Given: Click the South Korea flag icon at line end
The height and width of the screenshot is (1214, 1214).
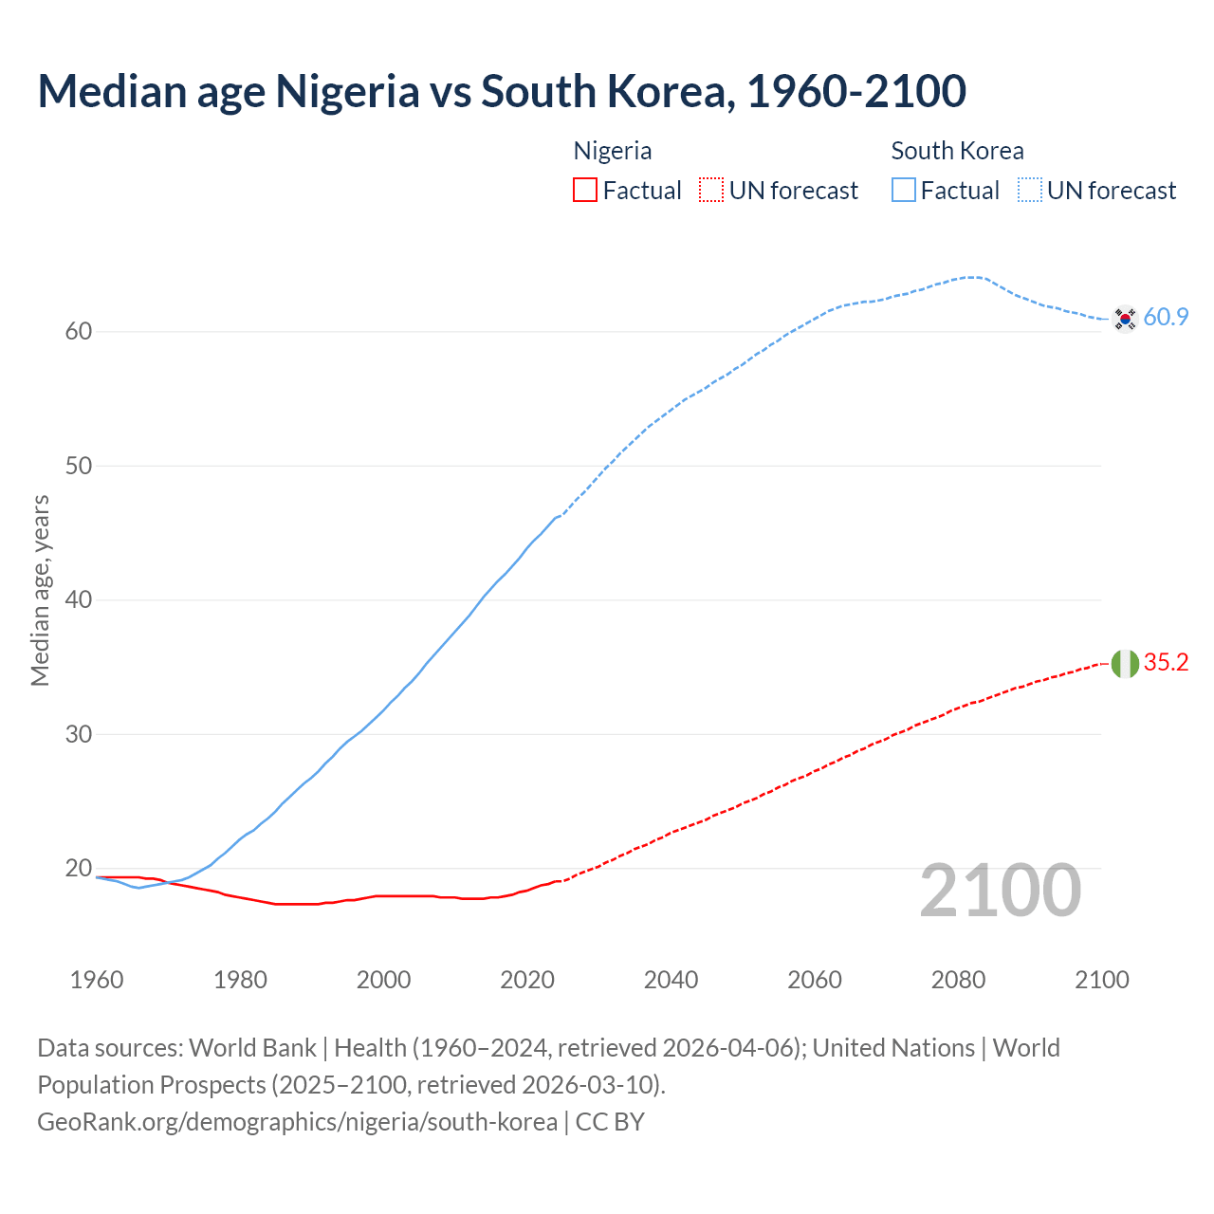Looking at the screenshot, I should (1125, 319).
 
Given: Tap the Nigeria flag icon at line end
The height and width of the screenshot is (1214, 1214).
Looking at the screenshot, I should (1125, 664).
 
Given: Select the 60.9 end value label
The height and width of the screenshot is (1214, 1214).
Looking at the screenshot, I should (1166, 318).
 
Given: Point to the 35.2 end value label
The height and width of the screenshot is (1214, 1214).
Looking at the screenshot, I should (1166, 663).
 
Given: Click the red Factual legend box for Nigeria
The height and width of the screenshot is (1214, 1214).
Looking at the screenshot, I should (585, 191).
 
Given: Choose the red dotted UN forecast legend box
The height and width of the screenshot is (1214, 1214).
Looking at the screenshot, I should (711, 191).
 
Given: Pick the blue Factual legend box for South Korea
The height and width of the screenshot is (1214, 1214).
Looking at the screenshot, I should (904, 191).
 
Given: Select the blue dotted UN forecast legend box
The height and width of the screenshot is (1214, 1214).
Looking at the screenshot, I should (1030, 191).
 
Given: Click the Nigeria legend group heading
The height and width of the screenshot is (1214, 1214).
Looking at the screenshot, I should (613, 151).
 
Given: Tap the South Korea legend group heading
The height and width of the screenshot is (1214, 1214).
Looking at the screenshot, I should (957, 151).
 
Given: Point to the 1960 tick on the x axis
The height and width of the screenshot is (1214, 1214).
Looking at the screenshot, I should (97, 980).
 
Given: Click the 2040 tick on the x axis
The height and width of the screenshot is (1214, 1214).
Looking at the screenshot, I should (671, 980).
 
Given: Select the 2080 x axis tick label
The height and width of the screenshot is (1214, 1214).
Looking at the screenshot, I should (958, 980).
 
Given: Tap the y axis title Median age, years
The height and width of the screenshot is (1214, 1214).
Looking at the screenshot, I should (40, 590).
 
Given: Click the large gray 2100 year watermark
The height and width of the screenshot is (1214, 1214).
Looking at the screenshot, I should (1001, 890).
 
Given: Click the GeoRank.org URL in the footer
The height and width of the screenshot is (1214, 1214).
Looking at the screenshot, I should (297, 1122).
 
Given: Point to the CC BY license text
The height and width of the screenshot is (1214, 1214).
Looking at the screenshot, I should (610, 1122).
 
